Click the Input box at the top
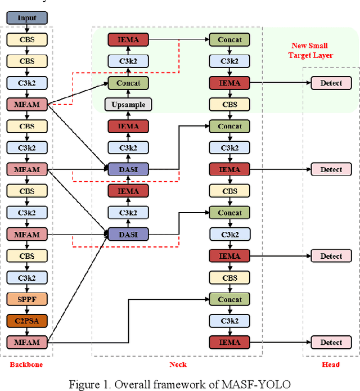point(27,18)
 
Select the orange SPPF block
point(27,299)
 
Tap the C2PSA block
point(27,321)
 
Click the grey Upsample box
point(128,105)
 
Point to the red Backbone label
point(26,365)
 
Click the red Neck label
point(178,365)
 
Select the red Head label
point(331,365)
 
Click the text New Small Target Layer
point(310,50)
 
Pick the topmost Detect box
point(331,83)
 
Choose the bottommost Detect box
point(331,342)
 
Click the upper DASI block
point(128,169)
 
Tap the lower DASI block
point(128,234)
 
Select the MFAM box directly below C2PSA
point(27,342)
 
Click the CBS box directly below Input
point(27,40)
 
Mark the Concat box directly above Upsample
point(128,83)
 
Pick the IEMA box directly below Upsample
point(128,127)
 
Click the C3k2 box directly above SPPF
point(27,277)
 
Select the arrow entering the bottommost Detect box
point(281,342)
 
